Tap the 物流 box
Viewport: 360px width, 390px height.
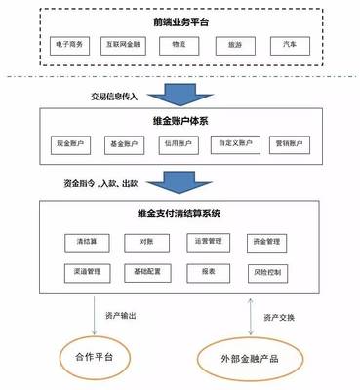pos(180,45)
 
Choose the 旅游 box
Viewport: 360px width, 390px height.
pos(234,45)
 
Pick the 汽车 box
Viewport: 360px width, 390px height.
pos(289,45)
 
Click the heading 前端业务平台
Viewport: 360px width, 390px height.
pos(180,21)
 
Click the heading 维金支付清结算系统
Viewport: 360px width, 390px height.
pos(179,213)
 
